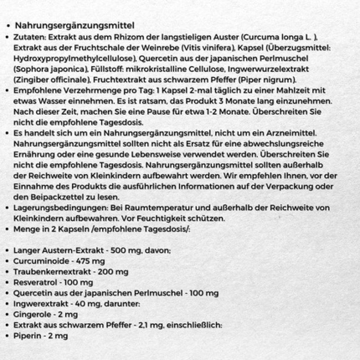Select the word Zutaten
click(27, 38)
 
